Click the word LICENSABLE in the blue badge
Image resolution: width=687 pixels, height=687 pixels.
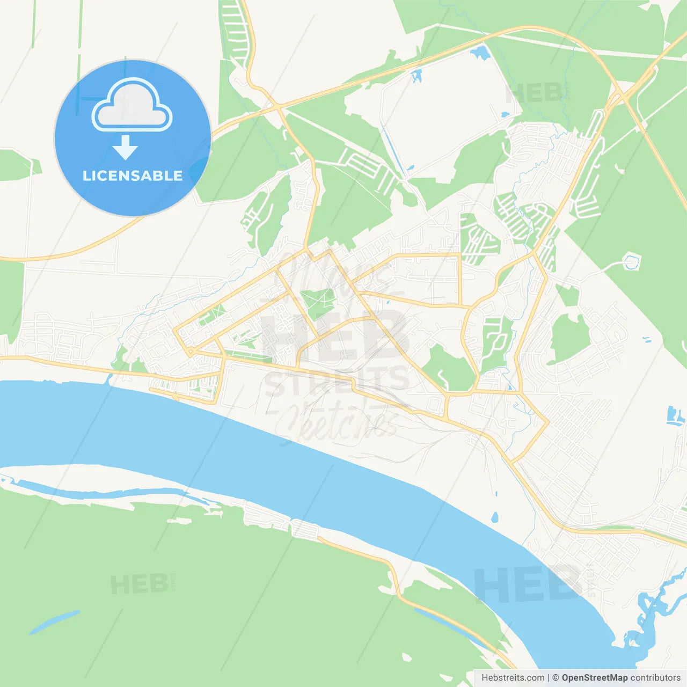click(133, 176)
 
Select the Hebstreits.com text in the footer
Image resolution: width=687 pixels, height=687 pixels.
click(513, 678)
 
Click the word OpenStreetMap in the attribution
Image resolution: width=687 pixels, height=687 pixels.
click(594, 678)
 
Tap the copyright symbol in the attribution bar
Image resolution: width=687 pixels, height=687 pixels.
click(556, 678)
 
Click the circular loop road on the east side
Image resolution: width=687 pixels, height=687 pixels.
click(632, 262)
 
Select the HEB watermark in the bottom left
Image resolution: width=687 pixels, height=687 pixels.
click(139, 584)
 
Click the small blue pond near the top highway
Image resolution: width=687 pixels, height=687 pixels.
click(480, 53)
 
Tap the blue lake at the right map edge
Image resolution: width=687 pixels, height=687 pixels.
click(674, 416)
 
